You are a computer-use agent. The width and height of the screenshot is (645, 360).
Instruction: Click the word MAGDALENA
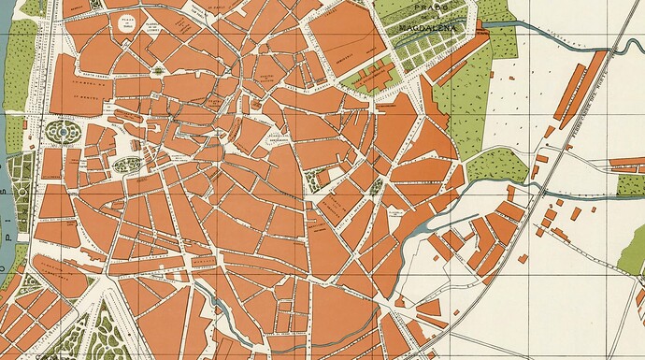(x=427, y=27)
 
